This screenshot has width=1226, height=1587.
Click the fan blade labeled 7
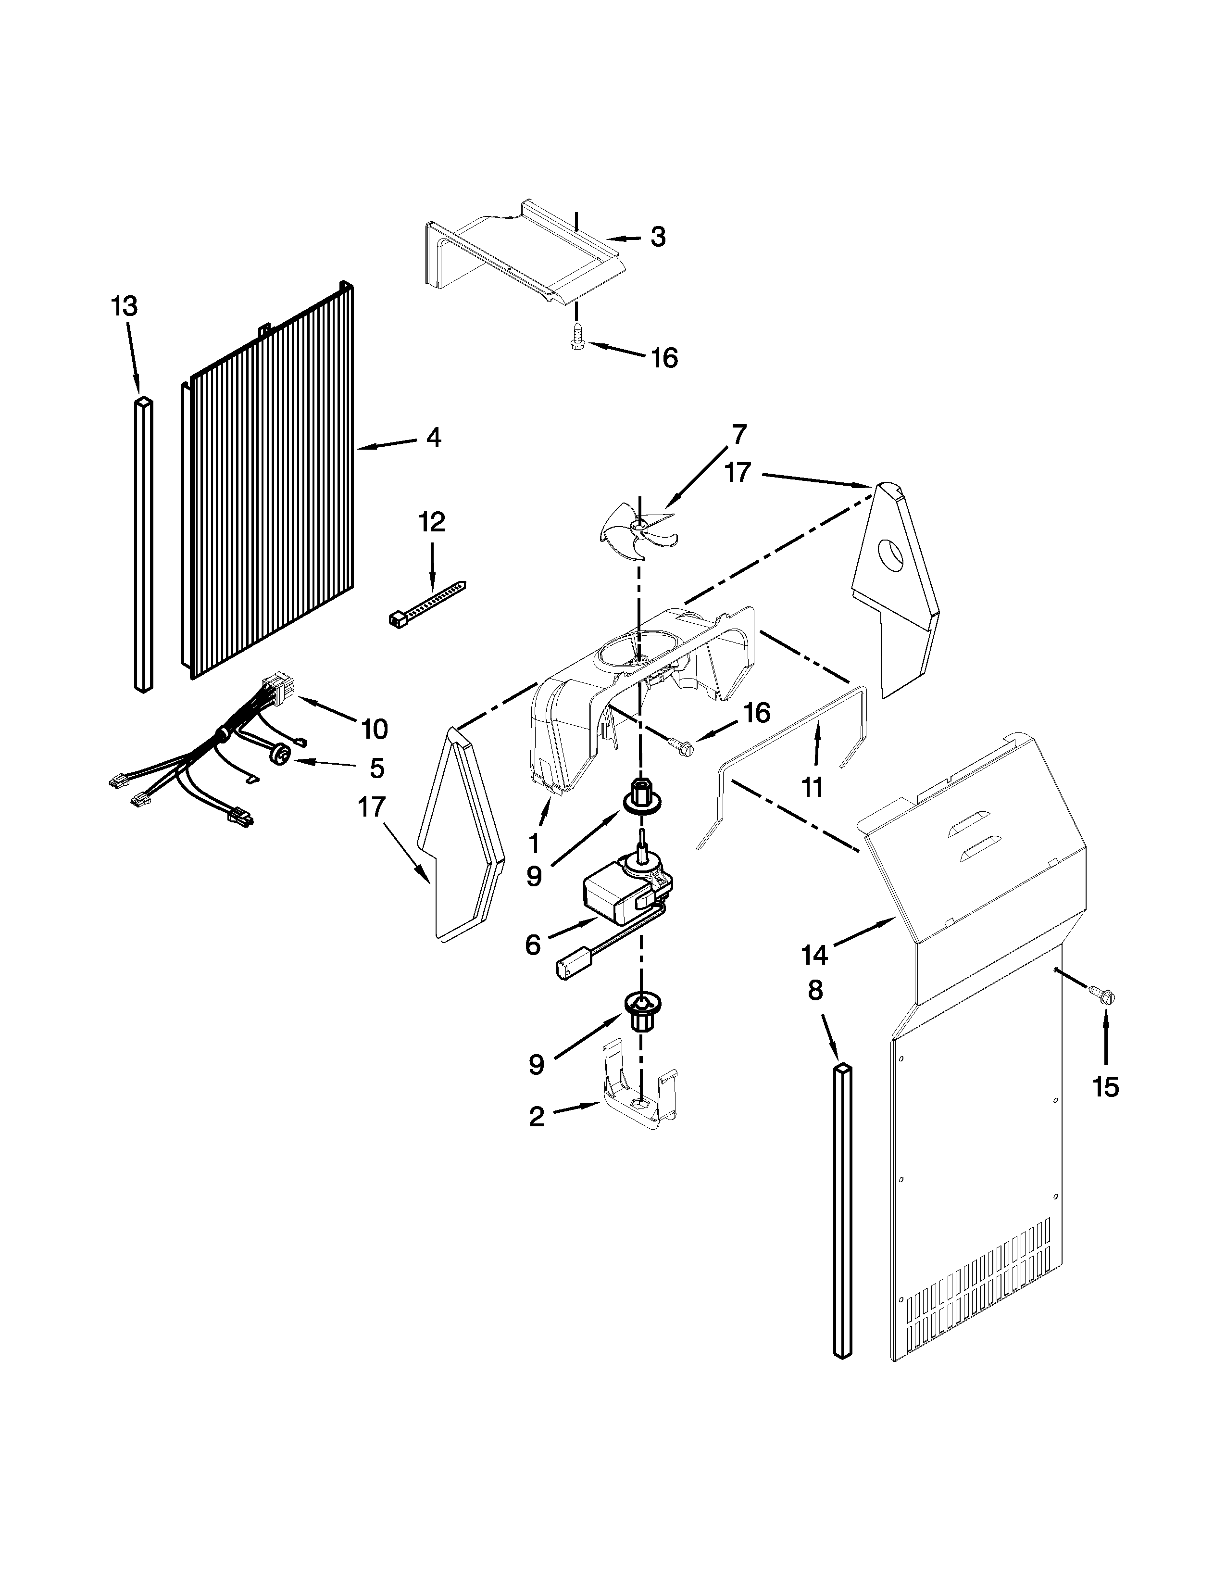pyautogui.click(x=638, y=536)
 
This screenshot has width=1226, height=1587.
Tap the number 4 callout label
pyautogui.click(x=434, y=438)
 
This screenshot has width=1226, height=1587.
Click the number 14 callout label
pyautogui.click(x=815, y=954)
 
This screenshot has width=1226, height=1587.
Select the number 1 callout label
pyautogui.click(x=535, y=843)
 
